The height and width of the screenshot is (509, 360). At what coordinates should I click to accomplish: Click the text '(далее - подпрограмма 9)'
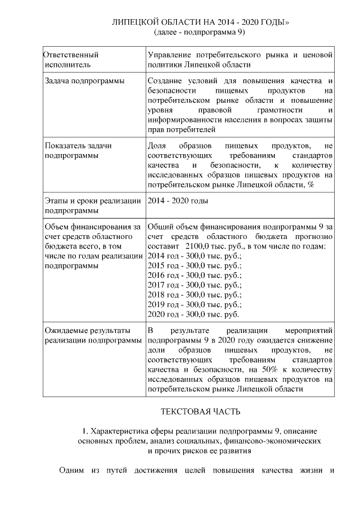pos(200,32)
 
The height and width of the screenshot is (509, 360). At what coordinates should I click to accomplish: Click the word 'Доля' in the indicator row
pos(157,146)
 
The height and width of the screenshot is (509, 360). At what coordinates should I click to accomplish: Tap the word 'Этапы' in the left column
pos(57,200)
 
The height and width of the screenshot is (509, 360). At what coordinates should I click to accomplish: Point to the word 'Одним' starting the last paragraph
pos(71,470)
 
